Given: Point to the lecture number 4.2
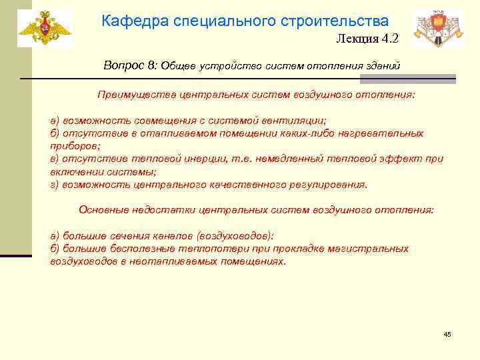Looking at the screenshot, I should pos(390,39).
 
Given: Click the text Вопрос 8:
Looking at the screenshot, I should pos(130,65).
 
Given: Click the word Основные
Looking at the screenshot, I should pos(101,209).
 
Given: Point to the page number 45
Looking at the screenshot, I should pos(447,334).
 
